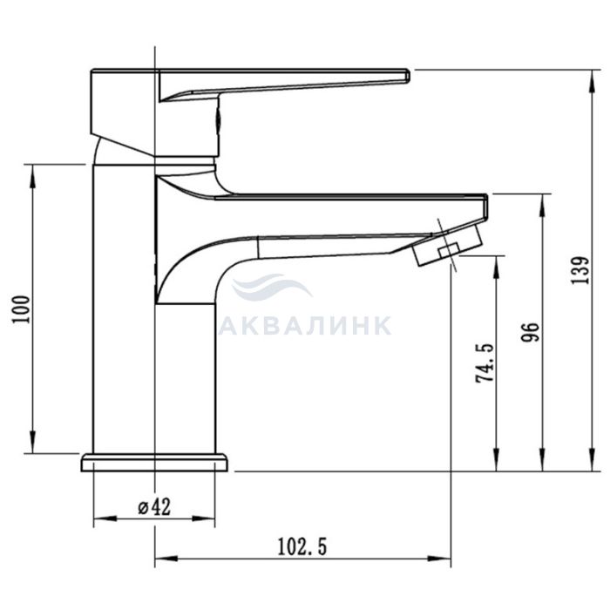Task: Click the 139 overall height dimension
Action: [580, 270]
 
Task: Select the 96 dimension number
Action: [530, 332]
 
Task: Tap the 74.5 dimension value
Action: [485, 363]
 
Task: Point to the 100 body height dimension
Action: [22, 309]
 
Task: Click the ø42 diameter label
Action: [154, 507]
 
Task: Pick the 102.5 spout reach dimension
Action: [302, 546]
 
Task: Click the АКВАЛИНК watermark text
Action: [305, 326]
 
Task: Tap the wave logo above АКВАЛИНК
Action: [271, 286]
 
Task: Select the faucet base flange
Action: [154, 463]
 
